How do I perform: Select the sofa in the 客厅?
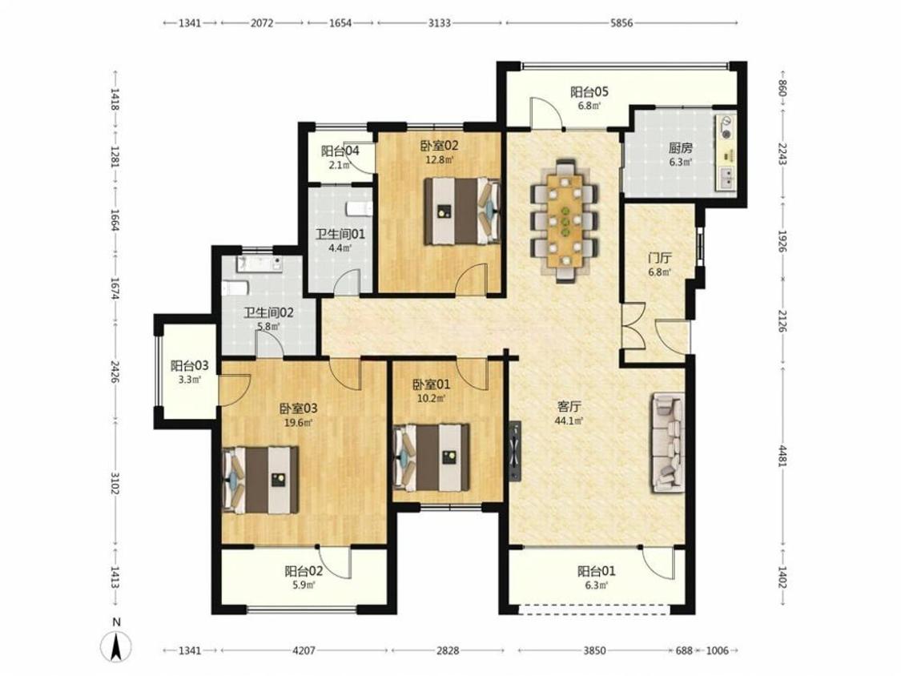pyautogui.click(x=668, y=443)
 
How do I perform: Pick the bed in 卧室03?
pyautogui.click(x=260, y=480)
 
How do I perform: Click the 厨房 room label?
pyautogui.click(x=680, y=147)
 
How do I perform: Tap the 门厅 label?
pyautogui.click(x=660, y=258)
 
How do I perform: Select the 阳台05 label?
pyautogui.click(x=589, y=91)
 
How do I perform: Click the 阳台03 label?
pyautogui.click(x=190, y=365)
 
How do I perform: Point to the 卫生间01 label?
pyautogui.click(x=340, y=235)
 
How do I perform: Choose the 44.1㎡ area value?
pyautogui.click(x=569, y=420)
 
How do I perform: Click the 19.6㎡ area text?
pyautogui.click(x=299, y=423)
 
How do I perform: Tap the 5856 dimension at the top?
pyautogui.click(x=621, y=23)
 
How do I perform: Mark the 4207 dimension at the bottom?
pyautogui.click(x=304, y=650)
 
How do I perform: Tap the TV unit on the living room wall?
pyautogui.click(x=515, y=451)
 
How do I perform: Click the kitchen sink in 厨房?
pyautogui.click(x=726, y=179)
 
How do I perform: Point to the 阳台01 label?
pyautogui.click(x=597, y=571)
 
